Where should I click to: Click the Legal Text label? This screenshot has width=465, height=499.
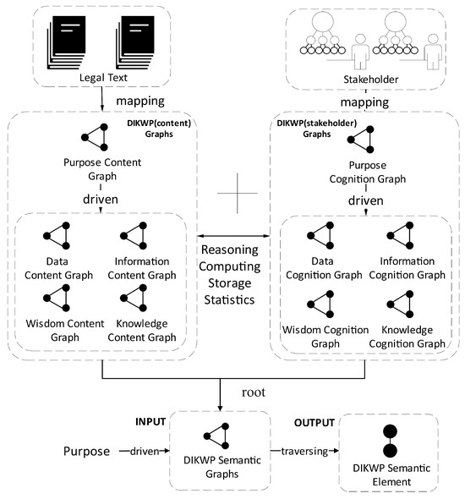(101, 80)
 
